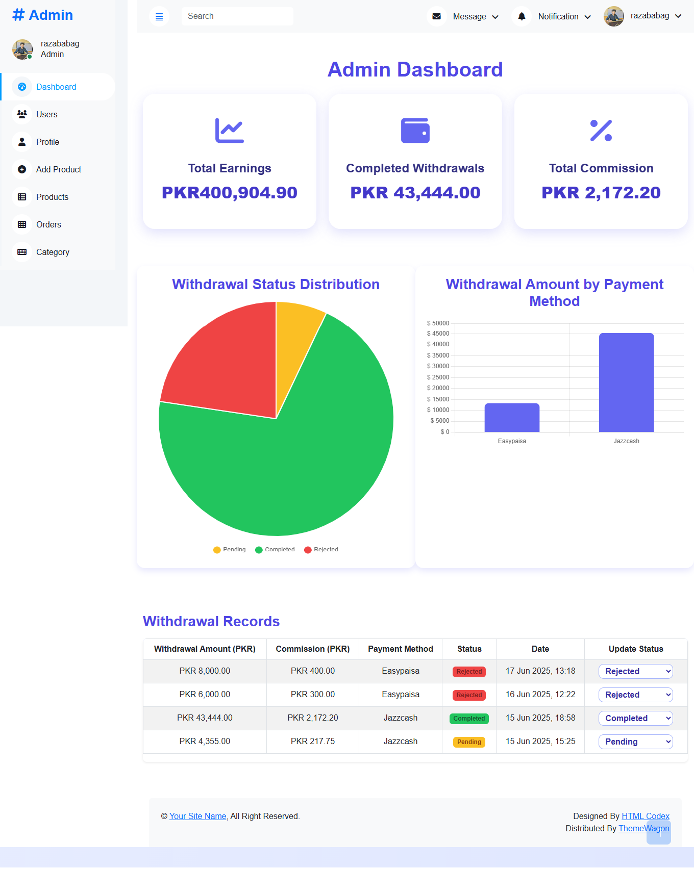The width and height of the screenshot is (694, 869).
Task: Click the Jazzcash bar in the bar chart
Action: [x=626, y=382]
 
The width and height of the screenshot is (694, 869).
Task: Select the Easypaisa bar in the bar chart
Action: [x=512, y=418]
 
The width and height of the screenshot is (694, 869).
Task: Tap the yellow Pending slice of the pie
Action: [x=296, y=337]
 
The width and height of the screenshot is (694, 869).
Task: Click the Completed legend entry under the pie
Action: [x=275, y=549]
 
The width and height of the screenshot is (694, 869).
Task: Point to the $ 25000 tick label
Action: [x=438, y=377]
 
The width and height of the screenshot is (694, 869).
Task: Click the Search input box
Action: [x=237, y=16]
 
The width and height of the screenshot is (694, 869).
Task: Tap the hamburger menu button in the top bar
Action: [x=159, y=17]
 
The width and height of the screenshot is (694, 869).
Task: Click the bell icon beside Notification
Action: [x=522, y=16]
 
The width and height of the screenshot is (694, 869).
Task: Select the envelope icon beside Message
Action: [x=436, y=16]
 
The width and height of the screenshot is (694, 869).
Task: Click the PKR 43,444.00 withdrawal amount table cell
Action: [x=205, y=718]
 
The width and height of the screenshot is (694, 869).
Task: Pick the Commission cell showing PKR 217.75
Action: [x=313, y=742]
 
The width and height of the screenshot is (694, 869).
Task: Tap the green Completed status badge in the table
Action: [x=469, y=719]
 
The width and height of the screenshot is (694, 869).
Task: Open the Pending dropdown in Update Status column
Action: [x=636, y=742]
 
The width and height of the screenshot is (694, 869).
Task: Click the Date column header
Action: [x=540, y=649]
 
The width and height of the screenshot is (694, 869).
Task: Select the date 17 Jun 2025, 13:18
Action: [x=540, y=671]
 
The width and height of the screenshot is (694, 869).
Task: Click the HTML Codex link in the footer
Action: [x=646, y=816]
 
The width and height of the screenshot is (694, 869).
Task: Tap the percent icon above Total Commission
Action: [x=601, y=131]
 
